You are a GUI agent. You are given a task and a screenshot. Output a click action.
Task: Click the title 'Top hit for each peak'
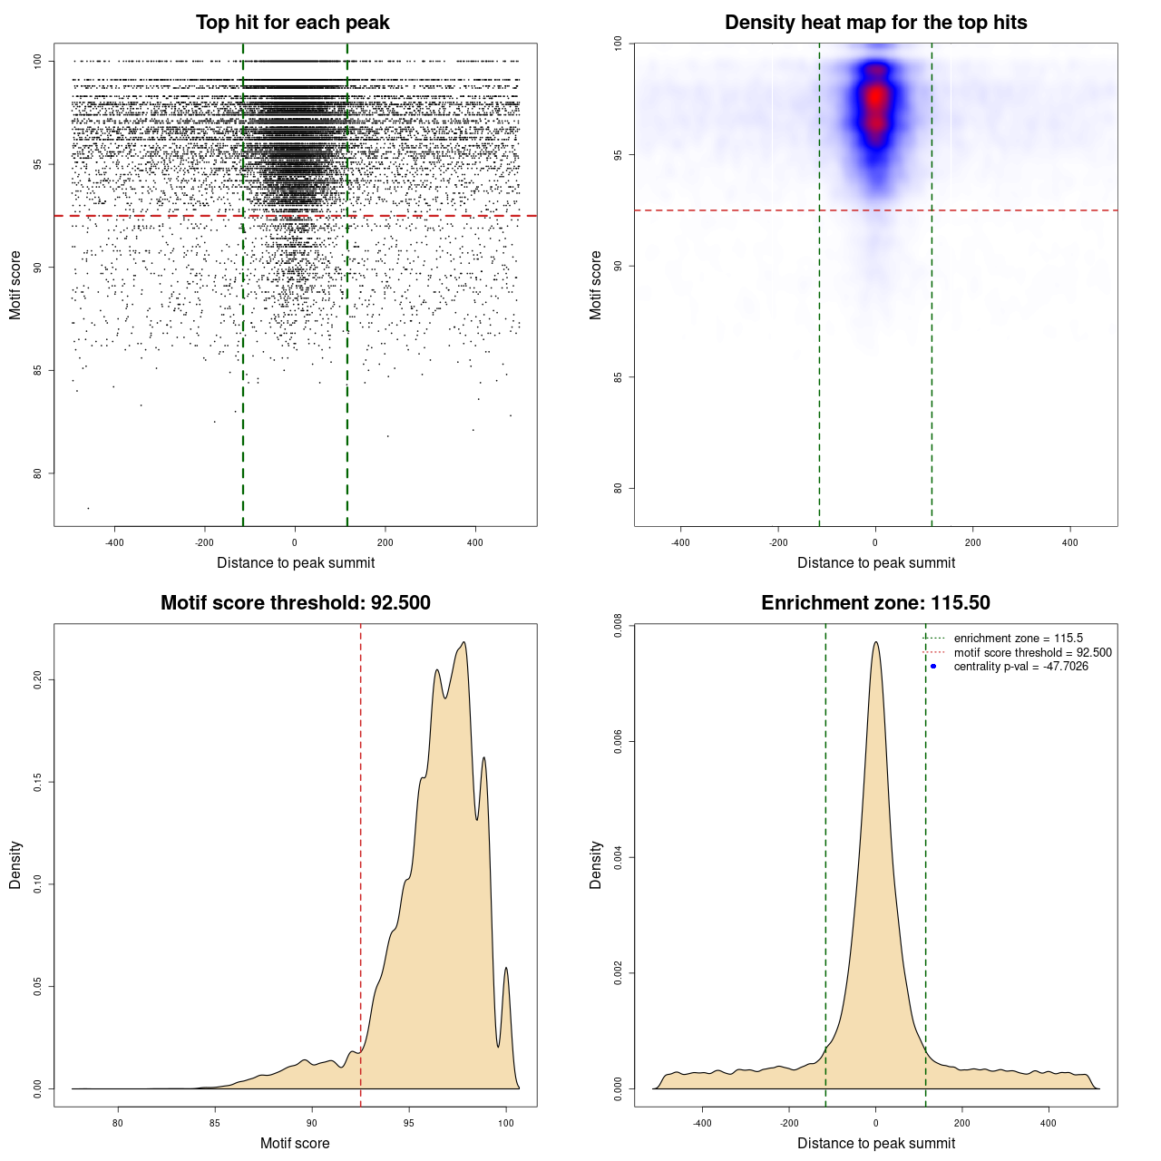coord(292,23)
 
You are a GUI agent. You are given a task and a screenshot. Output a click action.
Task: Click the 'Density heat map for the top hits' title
coord(875,23)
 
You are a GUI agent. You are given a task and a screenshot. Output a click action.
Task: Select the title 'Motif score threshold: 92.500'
coord(295,603)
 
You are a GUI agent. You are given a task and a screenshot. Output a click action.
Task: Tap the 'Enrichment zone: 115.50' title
coord(875,603)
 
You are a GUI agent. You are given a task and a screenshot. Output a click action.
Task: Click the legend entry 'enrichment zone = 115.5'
coord(1018,639)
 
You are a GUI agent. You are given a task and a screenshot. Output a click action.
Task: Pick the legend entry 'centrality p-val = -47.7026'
coord(1020,667)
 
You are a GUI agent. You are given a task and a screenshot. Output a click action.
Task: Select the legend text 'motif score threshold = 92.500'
coord(1032,653)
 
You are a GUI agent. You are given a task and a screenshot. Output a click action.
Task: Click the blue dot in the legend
coord(933,667)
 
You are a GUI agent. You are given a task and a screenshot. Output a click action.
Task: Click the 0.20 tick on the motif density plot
coord(37,680)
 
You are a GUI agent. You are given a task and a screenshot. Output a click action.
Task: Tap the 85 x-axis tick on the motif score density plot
coord(215,1123)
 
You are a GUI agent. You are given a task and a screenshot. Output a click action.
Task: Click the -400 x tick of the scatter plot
coord(114,542)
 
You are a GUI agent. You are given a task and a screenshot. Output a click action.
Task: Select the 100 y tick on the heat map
coord(618,44)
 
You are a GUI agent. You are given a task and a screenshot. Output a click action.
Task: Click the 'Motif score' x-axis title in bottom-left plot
coord(295,1143)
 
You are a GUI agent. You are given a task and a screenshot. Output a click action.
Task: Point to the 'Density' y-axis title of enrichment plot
coord(596,864)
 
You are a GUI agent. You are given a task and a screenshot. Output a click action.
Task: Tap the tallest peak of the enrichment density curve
coord(875,642)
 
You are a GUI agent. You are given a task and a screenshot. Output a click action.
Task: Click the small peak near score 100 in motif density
coord(506,968)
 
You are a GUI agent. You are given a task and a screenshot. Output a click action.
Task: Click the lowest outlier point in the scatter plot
coord(88,508)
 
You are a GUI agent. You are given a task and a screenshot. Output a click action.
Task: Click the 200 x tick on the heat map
coord(972,542)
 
